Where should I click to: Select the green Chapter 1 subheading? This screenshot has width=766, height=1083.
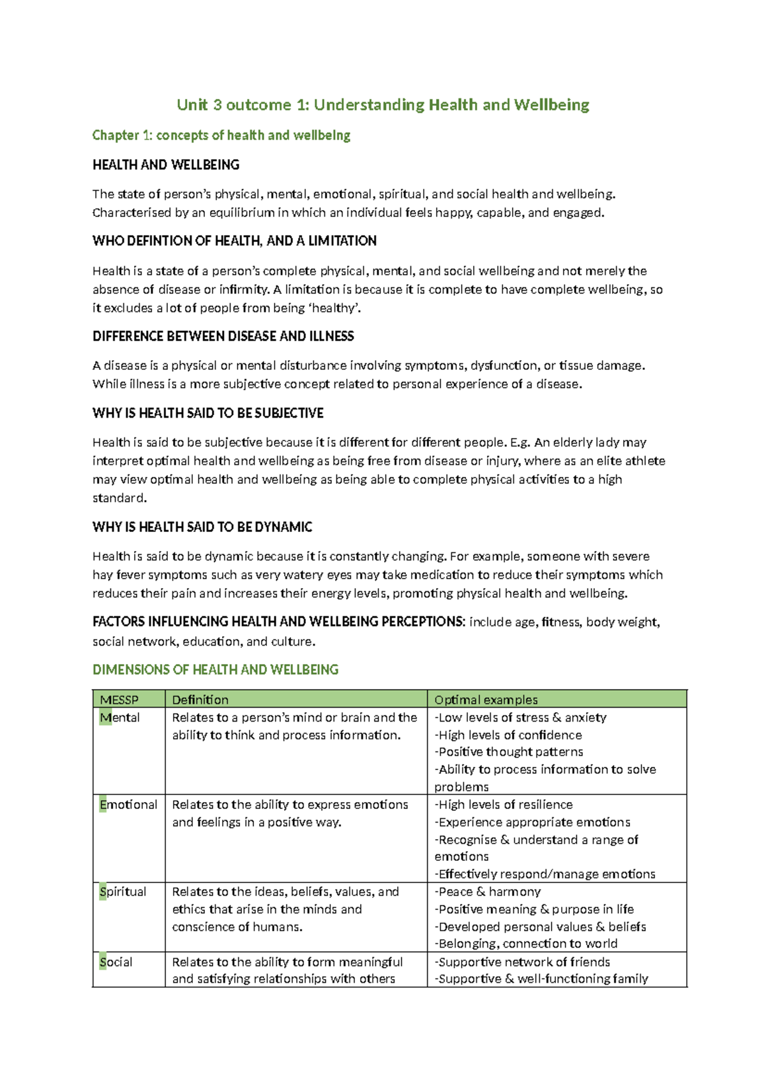(221, 135)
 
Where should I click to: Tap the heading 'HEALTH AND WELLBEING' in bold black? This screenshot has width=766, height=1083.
(166, 165)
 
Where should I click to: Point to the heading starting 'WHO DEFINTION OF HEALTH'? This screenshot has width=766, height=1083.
(234, 241)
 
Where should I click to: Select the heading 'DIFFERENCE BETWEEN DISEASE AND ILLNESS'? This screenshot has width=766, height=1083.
(223, 336)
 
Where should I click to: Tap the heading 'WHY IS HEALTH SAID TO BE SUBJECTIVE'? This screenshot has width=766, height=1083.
(207, 413)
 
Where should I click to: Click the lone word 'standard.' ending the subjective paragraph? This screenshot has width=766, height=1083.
(119, 497)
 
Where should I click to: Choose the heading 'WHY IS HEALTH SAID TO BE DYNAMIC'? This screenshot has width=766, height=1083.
(202, 527)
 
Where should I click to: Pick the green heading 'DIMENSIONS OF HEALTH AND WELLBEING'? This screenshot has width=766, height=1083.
(215, 669)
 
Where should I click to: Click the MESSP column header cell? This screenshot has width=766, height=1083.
(119, 700)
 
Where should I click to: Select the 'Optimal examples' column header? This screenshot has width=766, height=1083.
(486, 700)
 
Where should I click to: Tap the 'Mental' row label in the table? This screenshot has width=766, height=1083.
(120, 718)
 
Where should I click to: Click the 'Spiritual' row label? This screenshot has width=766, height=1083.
(123, 891)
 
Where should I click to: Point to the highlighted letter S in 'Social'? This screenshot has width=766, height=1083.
(103, 962)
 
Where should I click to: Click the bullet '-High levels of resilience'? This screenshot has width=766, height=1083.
(504, 805)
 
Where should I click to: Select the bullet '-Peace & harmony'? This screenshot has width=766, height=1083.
(488, 891)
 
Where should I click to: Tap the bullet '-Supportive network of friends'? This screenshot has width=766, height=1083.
(522, 962)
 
